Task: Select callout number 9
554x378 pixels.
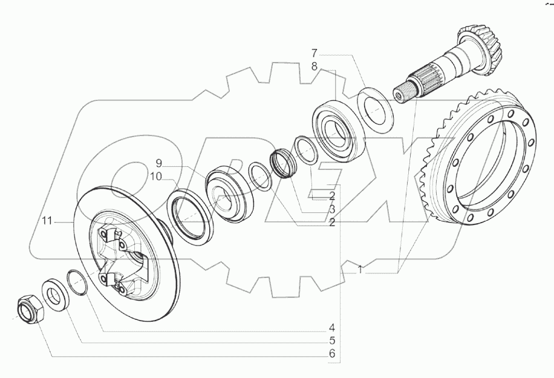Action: pos(158,163)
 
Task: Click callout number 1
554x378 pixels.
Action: pos(360,269)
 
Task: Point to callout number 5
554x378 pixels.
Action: pos(331,341)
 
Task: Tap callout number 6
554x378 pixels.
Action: pos(331,353)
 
